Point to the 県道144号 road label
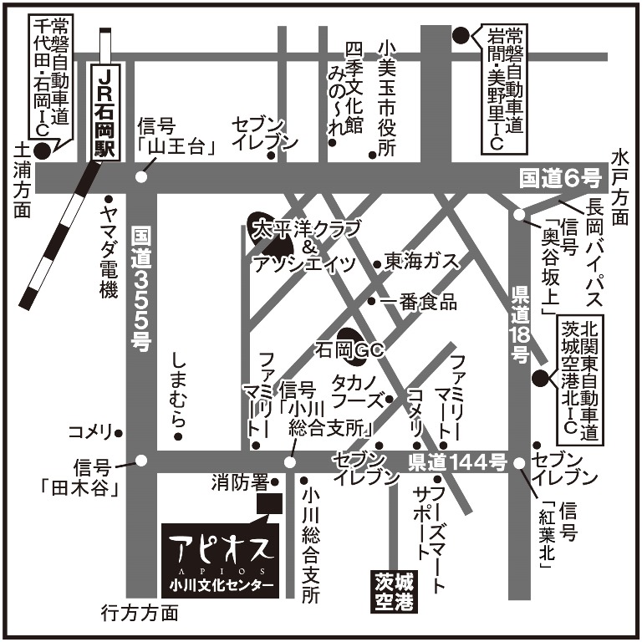click(x=458, y=461)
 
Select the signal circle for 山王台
click(x=141, y=176)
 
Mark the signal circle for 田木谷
click(x=141, y=461)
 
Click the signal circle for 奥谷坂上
click(x=519, y=214)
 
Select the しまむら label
click(x=177, y=390)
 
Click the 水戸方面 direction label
click(x=619, y=186)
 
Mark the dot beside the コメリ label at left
click(x=119, y=432)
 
